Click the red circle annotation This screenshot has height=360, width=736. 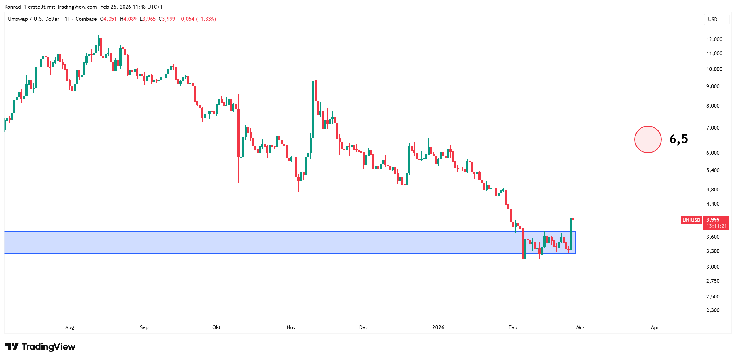tap(648, 139)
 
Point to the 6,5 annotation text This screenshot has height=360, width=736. tap(679, 139)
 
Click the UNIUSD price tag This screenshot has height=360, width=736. tap(691, 220)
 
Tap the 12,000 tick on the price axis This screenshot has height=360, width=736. tap(714, 39)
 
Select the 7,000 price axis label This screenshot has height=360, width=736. tap(713, 128)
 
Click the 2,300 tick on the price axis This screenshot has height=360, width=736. tap(713, 310)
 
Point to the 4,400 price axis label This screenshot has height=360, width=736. tap(713, 204)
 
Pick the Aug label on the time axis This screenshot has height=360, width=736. tap(69, 327)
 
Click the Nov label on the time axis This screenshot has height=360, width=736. tap(291, 327)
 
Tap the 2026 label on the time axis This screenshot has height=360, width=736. tap(438, 327)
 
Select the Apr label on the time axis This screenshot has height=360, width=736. tap(655, 327)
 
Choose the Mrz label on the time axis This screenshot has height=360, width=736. tap(580, 327)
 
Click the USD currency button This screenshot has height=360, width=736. tap(713, 20)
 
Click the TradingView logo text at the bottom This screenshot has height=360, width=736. tap(48, 347)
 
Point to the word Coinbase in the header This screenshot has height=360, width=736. tap(86, 19)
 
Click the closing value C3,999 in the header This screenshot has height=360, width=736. tap(167, 19)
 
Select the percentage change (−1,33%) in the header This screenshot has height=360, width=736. tap(206, 19)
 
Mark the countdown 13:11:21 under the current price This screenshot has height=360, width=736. tap(716, 226)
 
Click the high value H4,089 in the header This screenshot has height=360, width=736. tap(128, 19)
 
